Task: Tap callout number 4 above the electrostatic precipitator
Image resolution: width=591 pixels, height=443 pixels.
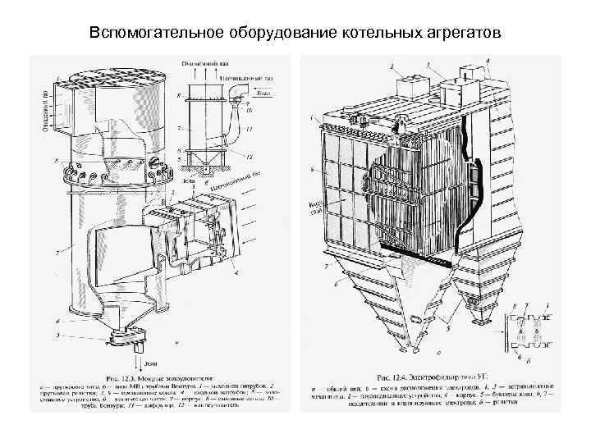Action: [x=489, y=61]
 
